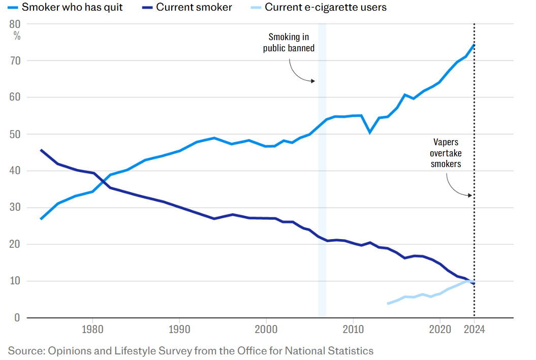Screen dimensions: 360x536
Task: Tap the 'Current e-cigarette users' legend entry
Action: [x=325, y=7]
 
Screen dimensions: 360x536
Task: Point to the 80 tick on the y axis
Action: [x=15, y=24]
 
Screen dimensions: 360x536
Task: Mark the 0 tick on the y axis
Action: [x=17, y=318]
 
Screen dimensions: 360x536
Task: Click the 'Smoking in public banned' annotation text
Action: [x=289, y=43]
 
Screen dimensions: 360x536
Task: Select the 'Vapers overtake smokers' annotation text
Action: [x=446, y=153]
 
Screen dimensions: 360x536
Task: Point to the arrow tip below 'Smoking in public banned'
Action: [x=315, y=81]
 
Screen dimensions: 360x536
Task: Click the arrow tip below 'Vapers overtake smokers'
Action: [x=472, y=195]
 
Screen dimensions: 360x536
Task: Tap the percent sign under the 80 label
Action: [x=17, y=36]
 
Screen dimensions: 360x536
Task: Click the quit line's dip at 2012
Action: [x=370, y=133]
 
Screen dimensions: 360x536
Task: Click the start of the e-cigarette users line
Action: [x=388, y=304]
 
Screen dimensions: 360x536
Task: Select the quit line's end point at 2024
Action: [x=474, y=45]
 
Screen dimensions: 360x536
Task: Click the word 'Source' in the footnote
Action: [x=24, y=351]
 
